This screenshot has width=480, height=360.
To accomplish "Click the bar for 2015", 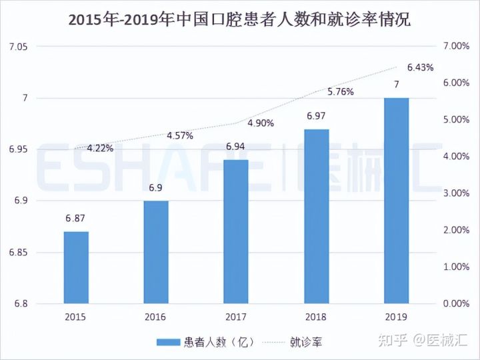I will tap(76, 267).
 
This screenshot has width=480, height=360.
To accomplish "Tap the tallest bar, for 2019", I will tap(397, 200).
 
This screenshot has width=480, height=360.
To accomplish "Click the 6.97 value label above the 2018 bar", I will tap(316, 116).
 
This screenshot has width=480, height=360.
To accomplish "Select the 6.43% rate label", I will tap(420, 67).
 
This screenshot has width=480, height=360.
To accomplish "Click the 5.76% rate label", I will tap(340, 92).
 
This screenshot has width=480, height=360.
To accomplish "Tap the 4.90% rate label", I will tap(260, 123).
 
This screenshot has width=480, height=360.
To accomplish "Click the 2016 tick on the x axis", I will tap(155, 317).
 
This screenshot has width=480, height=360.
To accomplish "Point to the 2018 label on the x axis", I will tap(315, 317).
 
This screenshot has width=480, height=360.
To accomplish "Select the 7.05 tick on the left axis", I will tap(17, 46).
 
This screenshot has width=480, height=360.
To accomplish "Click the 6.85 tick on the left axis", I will tap(17, 252).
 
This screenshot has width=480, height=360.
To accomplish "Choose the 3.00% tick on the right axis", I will tap(457, 193).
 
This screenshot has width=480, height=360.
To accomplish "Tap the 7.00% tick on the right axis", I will tap(457, 46).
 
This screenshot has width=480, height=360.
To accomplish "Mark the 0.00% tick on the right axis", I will tap(457, 304).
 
